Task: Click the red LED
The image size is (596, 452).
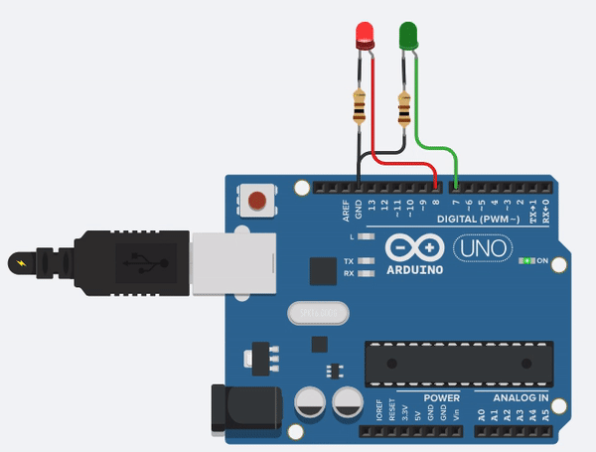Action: coord(365,36)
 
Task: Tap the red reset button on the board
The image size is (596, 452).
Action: coord(258,201)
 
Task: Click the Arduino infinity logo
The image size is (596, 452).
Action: coord(411,245)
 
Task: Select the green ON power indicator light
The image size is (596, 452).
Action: coord(523,261)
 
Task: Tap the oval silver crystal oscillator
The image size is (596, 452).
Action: coord(319,313)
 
